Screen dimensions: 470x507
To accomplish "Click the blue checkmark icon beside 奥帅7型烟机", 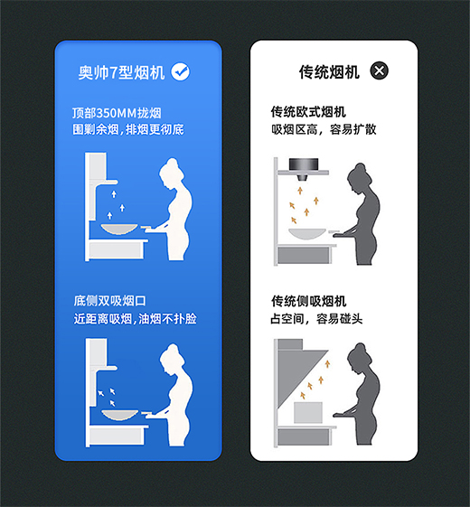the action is tap(181, 71).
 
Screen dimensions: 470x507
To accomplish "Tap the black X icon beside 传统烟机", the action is tap(379, 70).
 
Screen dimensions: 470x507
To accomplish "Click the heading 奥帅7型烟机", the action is tap(121, 72).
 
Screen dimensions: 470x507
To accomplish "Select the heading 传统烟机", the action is tap(329, 71).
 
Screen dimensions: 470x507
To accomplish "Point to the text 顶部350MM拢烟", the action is tap(117, 113).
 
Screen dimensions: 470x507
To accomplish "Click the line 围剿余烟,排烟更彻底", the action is tap(128, 129).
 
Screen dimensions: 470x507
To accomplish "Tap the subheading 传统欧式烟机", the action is tap(308, 112).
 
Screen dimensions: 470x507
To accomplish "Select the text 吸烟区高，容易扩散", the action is tap(324, 129).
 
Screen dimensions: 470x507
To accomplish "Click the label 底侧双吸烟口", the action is tap(109, 301).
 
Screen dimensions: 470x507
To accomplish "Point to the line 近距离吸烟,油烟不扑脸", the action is tap(136, 319).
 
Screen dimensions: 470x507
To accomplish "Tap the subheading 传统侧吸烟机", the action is tap(308, 301).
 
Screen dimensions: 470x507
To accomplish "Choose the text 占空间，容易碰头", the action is tap(316, 319).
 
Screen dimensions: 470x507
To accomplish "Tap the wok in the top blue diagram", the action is tap(119, 229).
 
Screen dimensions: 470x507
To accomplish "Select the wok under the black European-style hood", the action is tap(307, 234).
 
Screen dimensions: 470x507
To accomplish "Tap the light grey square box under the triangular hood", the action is tap(308, 412).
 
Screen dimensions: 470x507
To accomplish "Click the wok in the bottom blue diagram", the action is tap(120, 415).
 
